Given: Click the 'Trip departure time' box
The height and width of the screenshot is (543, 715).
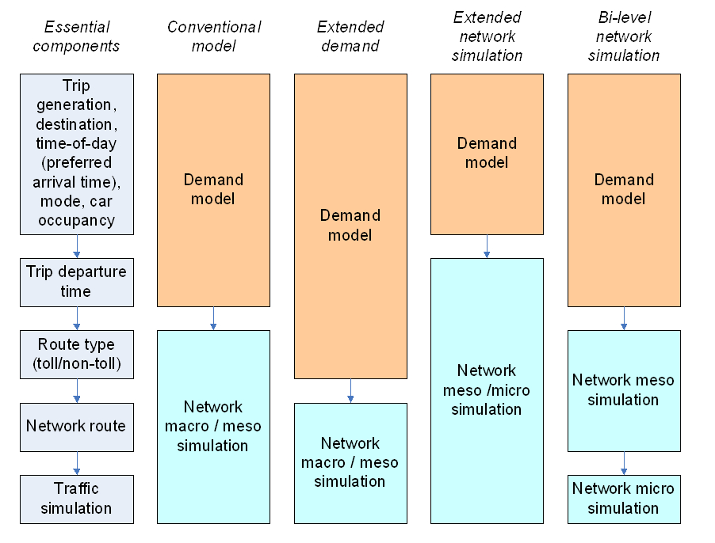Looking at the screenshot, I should (76, 282).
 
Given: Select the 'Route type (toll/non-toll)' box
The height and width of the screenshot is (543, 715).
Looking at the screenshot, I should (76, 354).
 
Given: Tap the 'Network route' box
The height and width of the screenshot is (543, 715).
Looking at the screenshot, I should (76, 427).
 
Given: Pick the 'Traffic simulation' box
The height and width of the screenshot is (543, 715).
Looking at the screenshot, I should (76, 499).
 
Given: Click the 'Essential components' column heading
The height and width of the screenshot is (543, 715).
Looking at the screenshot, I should (76, 36).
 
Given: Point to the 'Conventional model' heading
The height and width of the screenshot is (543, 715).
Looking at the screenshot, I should (214, 36).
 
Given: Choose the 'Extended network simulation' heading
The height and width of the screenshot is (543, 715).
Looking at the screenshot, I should (487, 36).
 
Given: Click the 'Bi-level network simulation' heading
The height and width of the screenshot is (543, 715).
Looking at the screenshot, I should (624, 36).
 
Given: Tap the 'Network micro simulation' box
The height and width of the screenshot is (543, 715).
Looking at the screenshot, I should (624, 499).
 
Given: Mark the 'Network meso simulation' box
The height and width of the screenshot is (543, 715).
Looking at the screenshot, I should (624, 389).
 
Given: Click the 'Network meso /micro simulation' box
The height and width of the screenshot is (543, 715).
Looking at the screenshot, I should (487, 390).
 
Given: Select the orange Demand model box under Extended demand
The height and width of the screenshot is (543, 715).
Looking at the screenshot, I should (350, 226).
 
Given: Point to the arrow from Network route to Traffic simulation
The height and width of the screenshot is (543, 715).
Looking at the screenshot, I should (77, 463).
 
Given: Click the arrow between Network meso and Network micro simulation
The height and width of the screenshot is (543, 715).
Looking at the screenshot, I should (624, 462).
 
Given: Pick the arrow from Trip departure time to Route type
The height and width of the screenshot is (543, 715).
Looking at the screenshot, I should (77, 318).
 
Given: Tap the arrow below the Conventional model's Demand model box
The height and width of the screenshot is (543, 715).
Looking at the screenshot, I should (213, 318).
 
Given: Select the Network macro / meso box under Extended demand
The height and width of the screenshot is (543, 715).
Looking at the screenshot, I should (350, 462).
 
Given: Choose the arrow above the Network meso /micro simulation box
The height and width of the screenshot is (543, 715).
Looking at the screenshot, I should (487, 246).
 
